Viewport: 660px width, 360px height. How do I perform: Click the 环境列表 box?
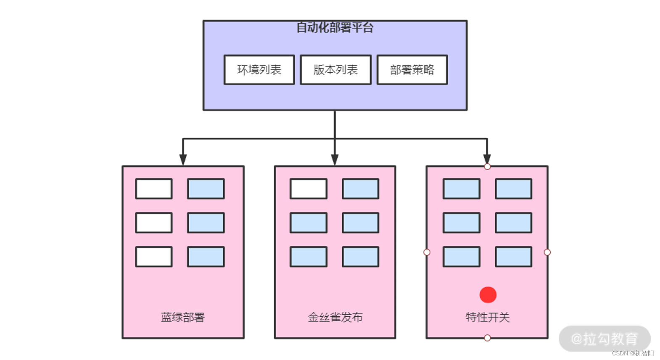[x=259, y=70]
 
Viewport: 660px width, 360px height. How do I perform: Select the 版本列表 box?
[x=335, y=70]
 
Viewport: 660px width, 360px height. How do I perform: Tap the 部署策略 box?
[x=412, y=70]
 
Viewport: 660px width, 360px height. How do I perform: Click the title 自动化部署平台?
[x=335, y=28]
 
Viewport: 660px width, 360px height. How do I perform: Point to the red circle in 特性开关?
[x=488, y=295]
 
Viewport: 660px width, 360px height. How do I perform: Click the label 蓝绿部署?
[x=182, y=317]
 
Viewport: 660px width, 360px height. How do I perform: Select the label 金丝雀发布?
[x=335, y=317]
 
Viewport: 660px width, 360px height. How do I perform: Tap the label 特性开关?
[x=488, y=317]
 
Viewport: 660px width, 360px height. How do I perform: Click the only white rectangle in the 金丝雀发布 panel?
[x=309, y=189]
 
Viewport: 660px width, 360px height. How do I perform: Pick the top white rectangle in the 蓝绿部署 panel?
[x=154, y=189]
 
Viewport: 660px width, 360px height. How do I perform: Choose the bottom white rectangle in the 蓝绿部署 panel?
[x=154, y=257]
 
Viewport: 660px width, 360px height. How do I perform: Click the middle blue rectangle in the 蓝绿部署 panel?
[x=206, y=223]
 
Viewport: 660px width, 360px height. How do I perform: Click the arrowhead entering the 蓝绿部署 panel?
[x=183, y=160]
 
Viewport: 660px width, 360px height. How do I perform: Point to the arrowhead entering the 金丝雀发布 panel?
[x=335, y=160]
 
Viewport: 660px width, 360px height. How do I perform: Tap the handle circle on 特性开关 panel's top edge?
[x=487, y=167]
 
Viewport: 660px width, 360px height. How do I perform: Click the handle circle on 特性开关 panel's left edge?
[x=427, y=252]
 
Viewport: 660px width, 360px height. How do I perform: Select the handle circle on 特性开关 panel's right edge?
[x=547, y=252]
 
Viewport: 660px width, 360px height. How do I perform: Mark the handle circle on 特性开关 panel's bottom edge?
[x=487, y=338]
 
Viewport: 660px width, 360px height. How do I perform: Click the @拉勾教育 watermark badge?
[x=604, y=339]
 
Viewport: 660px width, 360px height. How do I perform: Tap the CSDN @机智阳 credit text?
[x=633, y=353]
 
